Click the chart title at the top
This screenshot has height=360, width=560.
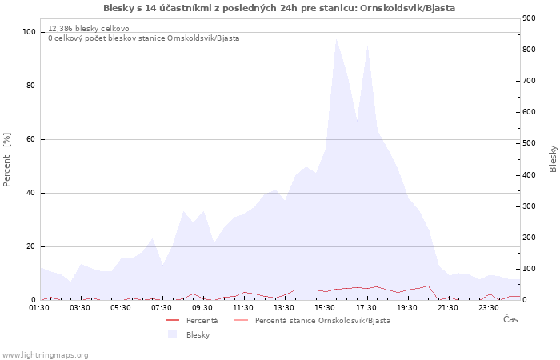click(x=280, y=8)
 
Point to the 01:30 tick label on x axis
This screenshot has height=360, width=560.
click(x=40, y=307)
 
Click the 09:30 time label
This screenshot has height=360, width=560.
click(x=202, y=307)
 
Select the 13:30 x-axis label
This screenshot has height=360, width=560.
click(x=284, y=307)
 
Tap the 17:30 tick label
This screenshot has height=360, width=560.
click(x=366, y=307)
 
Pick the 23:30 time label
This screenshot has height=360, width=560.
click(x=488, y=307)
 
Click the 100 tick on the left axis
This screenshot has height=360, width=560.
click(x=29, y=32)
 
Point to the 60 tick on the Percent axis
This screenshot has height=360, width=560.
click(x=31, y=139)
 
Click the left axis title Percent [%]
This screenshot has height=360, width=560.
click(x=7, y=160)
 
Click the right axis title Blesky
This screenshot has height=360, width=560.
click(x=553, y=158)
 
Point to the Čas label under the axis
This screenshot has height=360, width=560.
click(x=510, y=320)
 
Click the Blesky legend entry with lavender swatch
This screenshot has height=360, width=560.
click(x=198, y=335)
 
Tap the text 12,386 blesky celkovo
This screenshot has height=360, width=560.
click(x=88, y=28)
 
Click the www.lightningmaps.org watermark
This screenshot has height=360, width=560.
click(x=45, y=355)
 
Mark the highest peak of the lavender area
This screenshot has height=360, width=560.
click(x=337, y=38)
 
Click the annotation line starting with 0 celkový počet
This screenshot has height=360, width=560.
click(x=143, y=38)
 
